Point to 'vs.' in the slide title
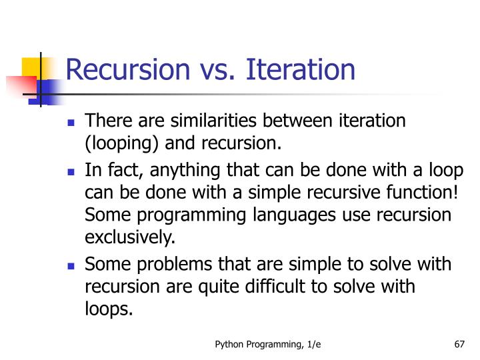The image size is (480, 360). [x=215, y=70]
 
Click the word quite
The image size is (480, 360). [x=233, y=287]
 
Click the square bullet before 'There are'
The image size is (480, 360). [x=71, y=123]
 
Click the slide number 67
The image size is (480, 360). [x=458, y=345]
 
